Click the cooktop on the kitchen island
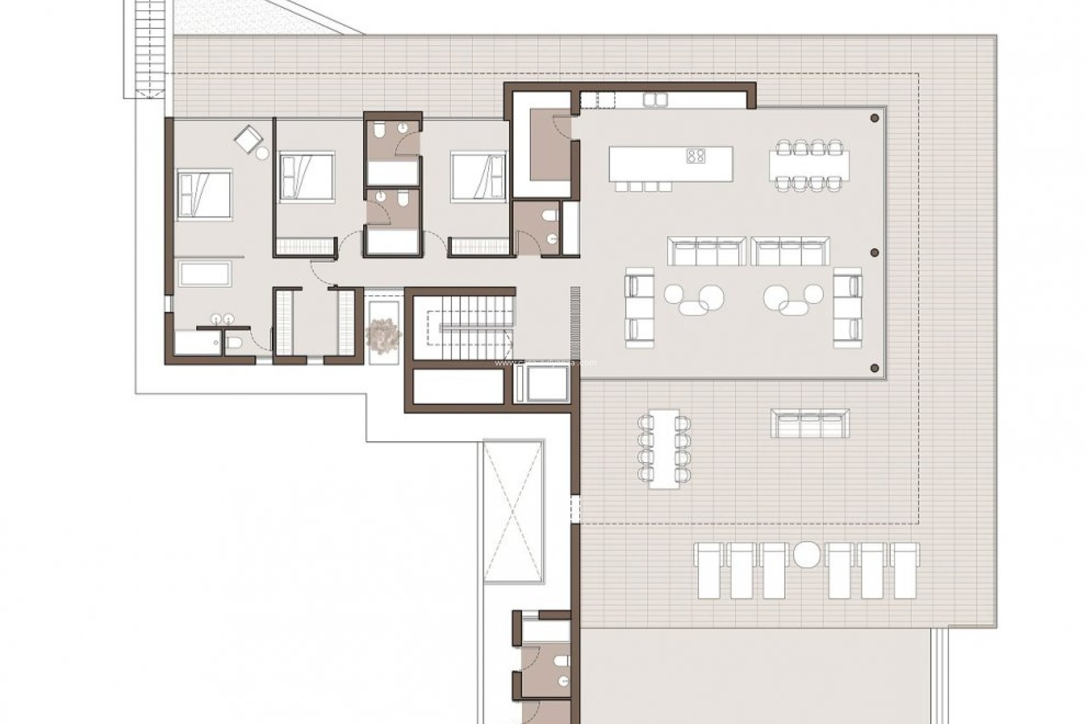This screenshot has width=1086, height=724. pos(696,156)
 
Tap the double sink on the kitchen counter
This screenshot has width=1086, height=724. pos(655,100)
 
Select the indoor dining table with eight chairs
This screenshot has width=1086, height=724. pos(809,164)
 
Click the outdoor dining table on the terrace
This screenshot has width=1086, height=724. pos(664,448)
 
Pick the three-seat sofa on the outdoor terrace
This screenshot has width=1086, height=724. pos(810,424)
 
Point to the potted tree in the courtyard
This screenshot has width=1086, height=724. pos(383,335)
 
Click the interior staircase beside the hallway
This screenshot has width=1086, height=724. pos(464,328)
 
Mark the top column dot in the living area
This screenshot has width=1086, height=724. pos(874,118)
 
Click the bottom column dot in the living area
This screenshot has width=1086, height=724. pos(874,368)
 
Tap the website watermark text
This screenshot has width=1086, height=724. pos(545,363)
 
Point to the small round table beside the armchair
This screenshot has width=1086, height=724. pos(262,153)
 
